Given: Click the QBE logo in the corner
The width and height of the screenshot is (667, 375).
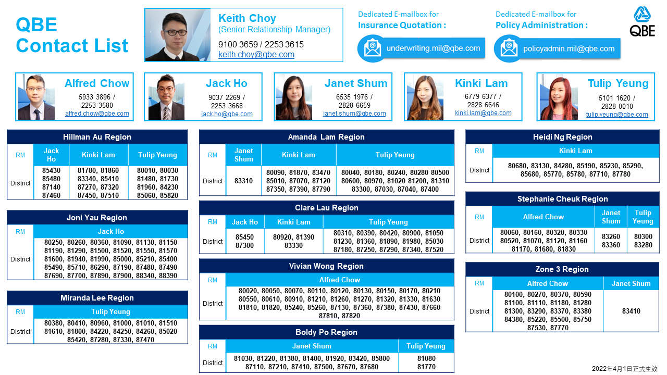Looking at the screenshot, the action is pyautogui.click(x=643, y=21).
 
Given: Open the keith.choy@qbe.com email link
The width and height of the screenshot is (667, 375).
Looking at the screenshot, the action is pyautogui.click(x=256, y=55).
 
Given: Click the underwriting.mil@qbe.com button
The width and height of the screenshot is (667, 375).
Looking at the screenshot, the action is pyautogui.click(x=422, y=48).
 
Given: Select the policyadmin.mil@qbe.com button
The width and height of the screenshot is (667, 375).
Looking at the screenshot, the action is pyautogui.click(x=557, y=48).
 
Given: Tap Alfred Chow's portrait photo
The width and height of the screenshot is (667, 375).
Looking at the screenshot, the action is pyautogui.click(x=36, y=97).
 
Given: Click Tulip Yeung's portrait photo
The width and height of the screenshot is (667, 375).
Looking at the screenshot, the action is pyautogui.click(x=559, y=97).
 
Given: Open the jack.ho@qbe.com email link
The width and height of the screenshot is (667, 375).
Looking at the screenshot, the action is pyautogui.click(x=227, y=114).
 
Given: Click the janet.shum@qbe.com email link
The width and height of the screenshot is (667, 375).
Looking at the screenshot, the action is pyautogui.click(x=354, y=114).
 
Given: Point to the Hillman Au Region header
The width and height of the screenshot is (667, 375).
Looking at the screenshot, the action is pyautogui.click(x=97, y=137).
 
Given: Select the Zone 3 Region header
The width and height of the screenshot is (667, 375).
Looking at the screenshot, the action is pyautogui.click(x=562, y=269).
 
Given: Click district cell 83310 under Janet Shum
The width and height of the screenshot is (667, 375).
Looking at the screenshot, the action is pyautogui.click(x=243, y=181).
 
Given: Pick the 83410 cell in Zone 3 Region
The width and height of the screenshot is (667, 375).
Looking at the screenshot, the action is pyautogui.click(x=631, y=311).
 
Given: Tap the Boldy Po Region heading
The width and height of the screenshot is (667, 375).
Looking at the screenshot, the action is pyautogui.click(x=326, y=332).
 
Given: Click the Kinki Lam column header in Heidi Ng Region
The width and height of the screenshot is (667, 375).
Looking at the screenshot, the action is pyautogui.click(x=576, y=151).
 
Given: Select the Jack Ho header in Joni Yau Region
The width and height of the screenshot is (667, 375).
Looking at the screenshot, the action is pyautogui.click(x=111, y=231).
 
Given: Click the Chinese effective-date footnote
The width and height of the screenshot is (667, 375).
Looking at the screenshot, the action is pyautogui.click(x=624, y=369).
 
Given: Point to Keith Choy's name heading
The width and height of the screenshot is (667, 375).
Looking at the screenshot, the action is pyautogui.click(x=247, y=18).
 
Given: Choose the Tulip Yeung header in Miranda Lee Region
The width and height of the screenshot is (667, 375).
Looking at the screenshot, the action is pyautogui.click(x=111, y=311).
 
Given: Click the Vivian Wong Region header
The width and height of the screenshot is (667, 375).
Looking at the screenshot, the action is pyautogui.click(x=326, y=266).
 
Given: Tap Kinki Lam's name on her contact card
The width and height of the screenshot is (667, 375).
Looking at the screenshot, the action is pyautogui.click(x=481, y=83).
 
